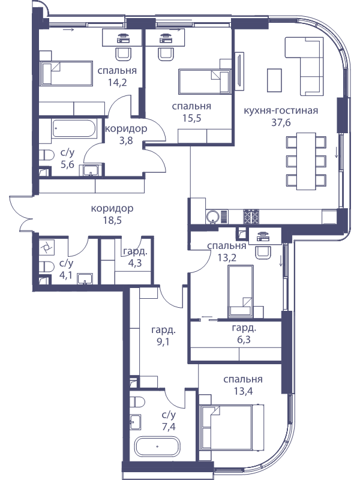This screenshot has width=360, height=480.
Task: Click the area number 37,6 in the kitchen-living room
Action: pyautogui.click(x=281, y=122)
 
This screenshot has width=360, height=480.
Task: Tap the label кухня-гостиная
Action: pyautogui.click(x=281, y=110)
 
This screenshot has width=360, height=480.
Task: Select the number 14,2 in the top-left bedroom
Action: pyautogui.click(x=117, y=82)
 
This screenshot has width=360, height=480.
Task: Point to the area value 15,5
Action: pyautogui.click(x=191, y=118)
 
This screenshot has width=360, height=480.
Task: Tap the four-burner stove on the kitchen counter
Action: pyautogui.click(x=251, y=217)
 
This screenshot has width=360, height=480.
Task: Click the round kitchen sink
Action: pyautogui.click(x=212, y=217)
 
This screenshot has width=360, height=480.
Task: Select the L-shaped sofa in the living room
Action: pyautogui.click(x=304, y=67)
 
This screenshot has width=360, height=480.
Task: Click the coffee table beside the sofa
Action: pyautogui.click(x=274, y=80)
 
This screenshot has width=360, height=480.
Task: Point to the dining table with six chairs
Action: pyautogui.click(x=306, y=161)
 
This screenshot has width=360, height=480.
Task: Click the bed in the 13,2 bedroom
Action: pyautogui.click(x=241, y=291)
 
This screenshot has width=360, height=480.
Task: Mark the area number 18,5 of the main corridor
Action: pyautogui.click(x=112, y=220)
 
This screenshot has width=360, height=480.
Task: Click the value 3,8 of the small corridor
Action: pyautogui.click(x=126, y=141)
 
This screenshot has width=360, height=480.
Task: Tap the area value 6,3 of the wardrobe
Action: pyautogui.click(x=244, y=340)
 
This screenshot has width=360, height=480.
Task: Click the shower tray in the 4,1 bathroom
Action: pyautogui.click(x=47, y=248)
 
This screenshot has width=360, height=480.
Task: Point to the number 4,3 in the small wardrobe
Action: pyautogui.click(x=135, y=263)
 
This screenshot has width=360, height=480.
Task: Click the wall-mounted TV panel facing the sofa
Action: pyautogui.click(x=239, y=71)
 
